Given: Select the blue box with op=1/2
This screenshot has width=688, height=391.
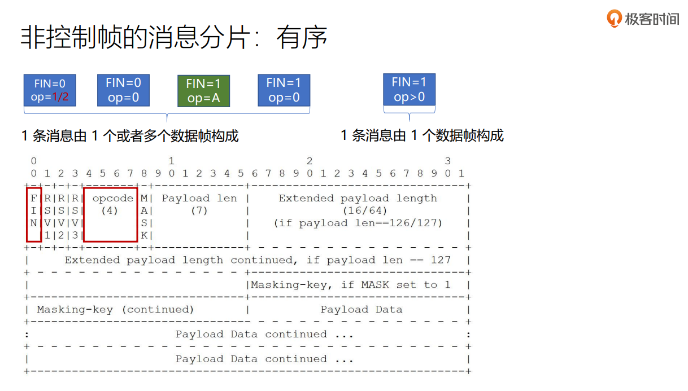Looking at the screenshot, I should tap(50, 90).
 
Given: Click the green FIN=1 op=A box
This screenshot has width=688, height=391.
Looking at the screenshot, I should tap(203, 91).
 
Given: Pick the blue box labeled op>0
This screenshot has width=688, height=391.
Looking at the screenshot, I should tap(409, 89).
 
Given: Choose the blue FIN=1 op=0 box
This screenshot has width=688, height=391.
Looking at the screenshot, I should tap(284, 90).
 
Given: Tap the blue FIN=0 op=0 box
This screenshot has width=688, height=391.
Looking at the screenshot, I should tap(123, 90).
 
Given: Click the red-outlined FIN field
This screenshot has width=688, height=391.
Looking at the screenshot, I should tap(34, 215).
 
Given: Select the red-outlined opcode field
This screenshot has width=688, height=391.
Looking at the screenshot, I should tap(111, 215).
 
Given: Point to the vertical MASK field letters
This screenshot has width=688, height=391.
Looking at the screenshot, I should tap(144, 216).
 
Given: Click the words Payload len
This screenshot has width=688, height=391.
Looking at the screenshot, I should tap(199, 198).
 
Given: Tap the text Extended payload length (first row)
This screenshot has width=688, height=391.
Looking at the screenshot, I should tap(358, 198).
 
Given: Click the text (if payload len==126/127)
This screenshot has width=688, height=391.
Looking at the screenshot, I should tap(358, 223).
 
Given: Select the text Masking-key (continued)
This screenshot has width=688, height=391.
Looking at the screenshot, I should tap(115, 309).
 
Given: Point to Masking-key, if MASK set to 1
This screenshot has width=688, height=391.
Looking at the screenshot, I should tap(351, 284).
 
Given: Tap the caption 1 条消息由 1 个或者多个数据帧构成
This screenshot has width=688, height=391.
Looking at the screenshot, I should tap(130, 136).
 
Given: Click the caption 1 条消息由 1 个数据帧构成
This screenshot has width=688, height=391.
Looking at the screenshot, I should tap(422, 135).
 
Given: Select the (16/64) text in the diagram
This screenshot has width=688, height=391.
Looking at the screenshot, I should tap(358, 210).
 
